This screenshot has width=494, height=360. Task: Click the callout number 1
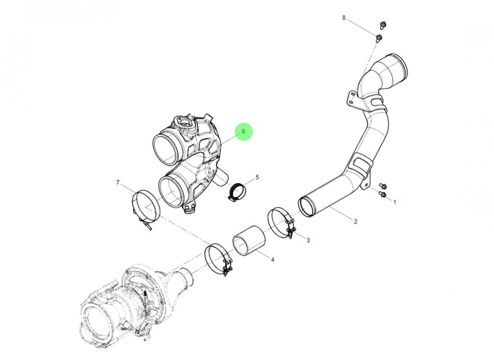tap(394, 202)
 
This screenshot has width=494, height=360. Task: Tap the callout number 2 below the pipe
tap(355, 221)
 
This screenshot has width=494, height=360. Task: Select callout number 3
tap(308, 240)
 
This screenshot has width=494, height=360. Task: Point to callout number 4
tap(272, 258)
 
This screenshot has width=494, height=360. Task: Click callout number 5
tap(257, 177)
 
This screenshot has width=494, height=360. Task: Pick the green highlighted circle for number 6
tap(243, 132)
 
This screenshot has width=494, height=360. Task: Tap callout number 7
tap(118, 183)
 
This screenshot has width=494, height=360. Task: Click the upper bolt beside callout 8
tap(382, 25)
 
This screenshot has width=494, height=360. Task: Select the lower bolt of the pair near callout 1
tap(382, 195)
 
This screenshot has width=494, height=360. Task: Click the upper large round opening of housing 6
tap(165, 149)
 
